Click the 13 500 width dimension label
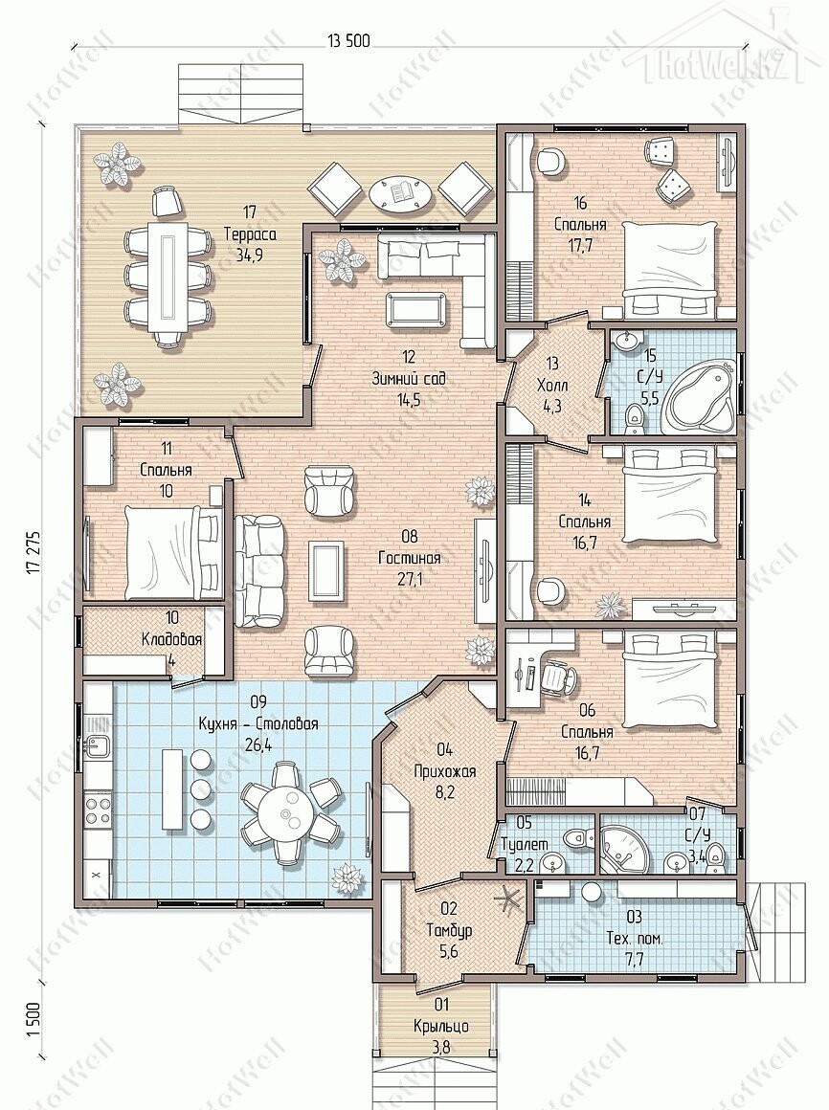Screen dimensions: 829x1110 click(349, 40)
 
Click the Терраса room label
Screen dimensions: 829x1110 click(249, 234)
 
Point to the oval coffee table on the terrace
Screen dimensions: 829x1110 click(401, 191)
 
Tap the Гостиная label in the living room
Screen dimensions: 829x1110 click(409, 558)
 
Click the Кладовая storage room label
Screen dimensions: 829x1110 click(172, 639)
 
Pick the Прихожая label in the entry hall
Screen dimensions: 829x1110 click(444, 771)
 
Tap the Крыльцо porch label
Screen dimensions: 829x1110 click(441, 1027)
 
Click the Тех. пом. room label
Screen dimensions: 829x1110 click(635, 940)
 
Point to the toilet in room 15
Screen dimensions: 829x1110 click(635, 417)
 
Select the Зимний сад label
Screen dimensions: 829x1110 click(409, 379)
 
